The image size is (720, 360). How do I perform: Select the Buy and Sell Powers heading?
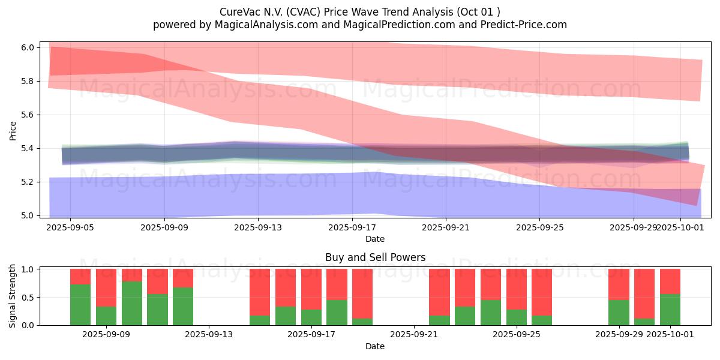pos(375,257)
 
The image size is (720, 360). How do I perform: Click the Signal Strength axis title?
pos(13,296)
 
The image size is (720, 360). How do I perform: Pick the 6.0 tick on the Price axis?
pos(28,47)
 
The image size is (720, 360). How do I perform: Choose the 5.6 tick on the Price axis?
pos(28,115)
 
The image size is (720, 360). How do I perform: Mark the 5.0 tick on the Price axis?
pos(28,215)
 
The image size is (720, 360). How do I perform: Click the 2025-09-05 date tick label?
pos(71,227)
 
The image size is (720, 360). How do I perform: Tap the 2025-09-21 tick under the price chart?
pos(446,227)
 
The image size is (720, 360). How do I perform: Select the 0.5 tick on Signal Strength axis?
pos(28,298)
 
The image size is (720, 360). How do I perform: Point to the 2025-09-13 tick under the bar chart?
pos(209,335)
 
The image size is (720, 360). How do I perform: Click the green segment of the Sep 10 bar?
pos(132,303)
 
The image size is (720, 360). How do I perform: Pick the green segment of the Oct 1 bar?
pos(670,310)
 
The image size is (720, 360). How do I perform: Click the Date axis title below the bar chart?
pos(375,346)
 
